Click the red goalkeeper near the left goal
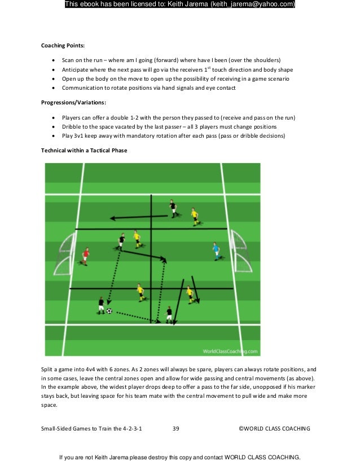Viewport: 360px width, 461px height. click(86, 256)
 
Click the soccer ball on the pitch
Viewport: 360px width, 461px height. click(109, 310)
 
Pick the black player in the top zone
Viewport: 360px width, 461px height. click(173, 208)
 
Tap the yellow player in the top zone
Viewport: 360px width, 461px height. click(194, 216)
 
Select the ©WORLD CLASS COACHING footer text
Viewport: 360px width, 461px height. click(274, 429)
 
